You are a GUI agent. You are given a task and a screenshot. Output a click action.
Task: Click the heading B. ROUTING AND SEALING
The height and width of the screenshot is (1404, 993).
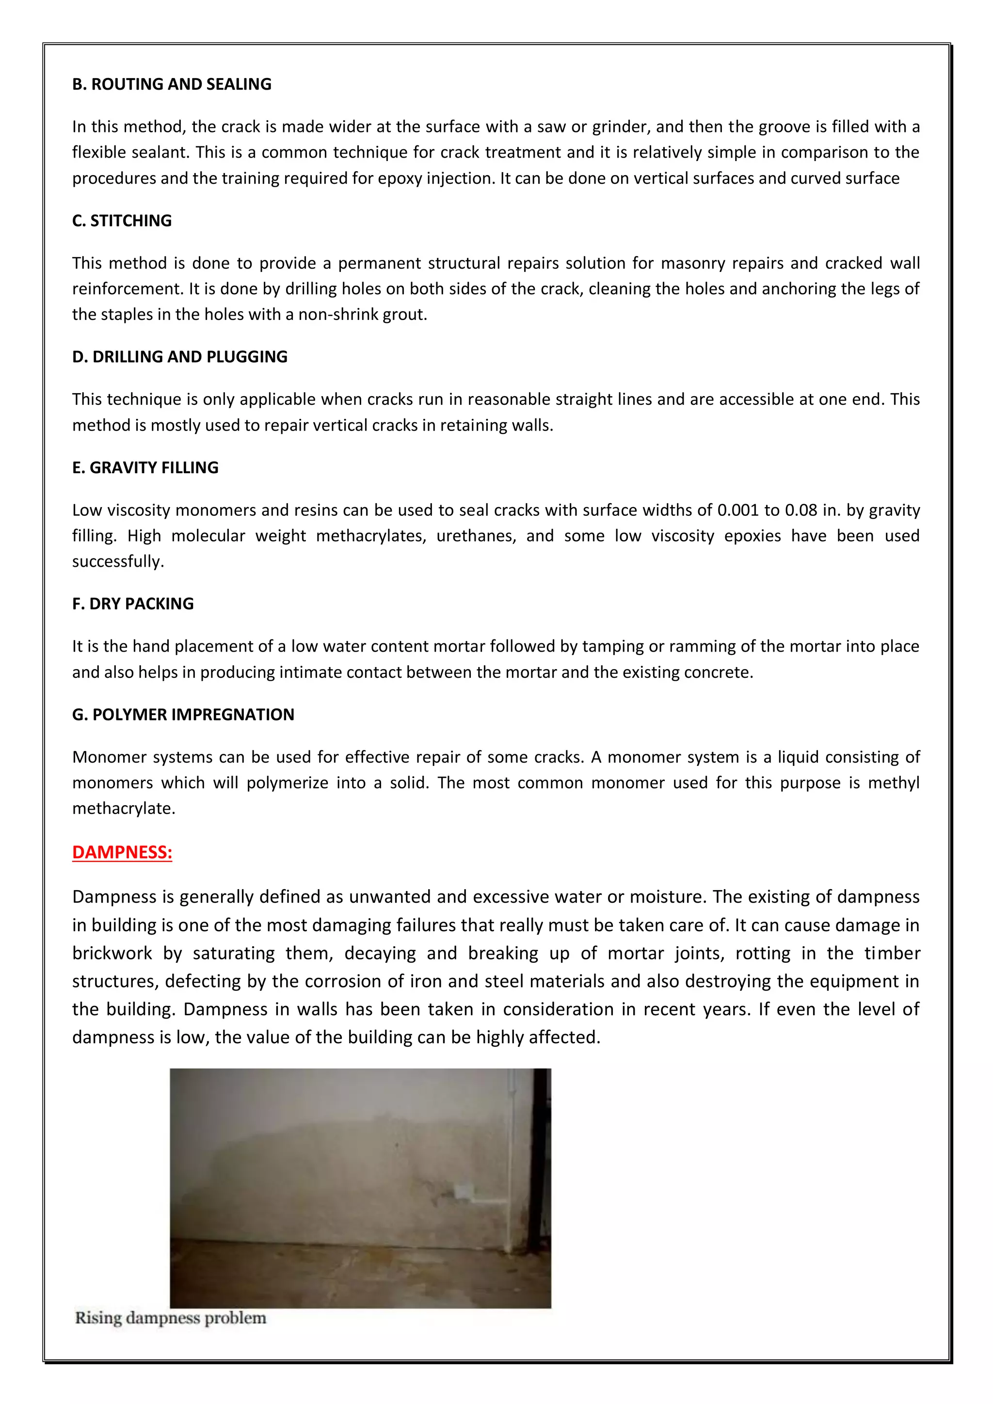(172, 84)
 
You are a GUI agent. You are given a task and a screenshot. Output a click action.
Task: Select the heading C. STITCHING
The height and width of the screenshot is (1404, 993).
(122, 221)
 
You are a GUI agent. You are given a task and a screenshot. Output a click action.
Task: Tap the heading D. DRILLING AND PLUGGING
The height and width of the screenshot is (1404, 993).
(180, 357)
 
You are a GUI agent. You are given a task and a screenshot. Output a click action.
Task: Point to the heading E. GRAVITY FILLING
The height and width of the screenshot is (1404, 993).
(145, 468)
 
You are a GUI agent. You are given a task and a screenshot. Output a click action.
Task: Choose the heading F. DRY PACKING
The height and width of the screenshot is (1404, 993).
(133, 604)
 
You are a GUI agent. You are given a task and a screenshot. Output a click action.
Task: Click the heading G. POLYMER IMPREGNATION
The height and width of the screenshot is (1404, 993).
(183, 715)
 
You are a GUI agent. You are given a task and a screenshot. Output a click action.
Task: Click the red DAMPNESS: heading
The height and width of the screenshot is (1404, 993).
(122, 852)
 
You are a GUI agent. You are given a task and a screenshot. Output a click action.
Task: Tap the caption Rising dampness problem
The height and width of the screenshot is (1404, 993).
(171, 1318)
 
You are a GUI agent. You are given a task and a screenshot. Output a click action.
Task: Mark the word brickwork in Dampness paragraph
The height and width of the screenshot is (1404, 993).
(112, 953)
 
